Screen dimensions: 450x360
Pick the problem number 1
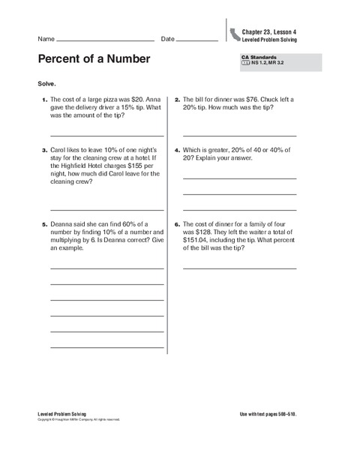point(44,99)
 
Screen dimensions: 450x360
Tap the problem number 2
point(176,99)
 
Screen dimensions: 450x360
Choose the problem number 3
point(44,149)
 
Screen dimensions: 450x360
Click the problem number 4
point(176,149)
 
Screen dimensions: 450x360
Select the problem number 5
point(44,223)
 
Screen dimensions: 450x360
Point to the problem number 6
point(176,223)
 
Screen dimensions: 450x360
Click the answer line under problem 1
point(106,135)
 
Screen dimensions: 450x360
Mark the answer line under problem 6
point(239,268)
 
